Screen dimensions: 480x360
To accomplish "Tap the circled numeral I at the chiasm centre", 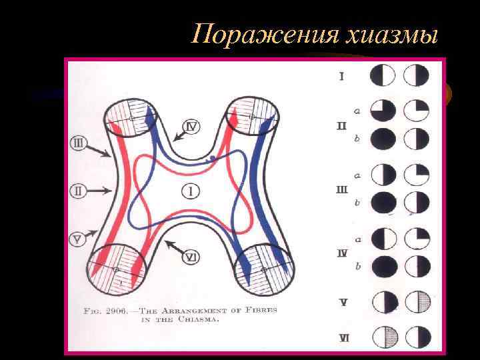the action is pos(191,191).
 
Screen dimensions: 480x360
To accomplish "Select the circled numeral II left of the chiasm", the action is pos(78,191).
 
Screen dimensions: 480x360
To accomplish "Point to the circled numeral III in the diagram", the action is pos(78,143).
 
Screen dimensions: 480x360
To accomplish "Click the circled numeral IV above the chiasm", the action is pos(191,125).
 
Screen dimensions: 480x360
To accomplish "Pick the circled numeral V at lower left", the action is pos(78,239).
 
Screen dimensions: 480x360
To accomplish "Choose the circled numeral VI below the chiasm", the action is pos(191,257).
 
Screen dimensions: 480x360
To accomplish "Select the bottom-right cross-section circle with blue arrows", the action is pos(265,268).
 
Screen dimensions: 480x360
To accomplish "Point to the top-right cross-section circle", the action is pos(252,117).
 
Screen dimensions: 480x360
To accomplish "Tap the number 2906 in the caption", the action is pos(127,309).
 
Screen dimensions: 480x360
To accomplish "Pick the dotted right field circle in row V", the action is pos(419,302).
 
